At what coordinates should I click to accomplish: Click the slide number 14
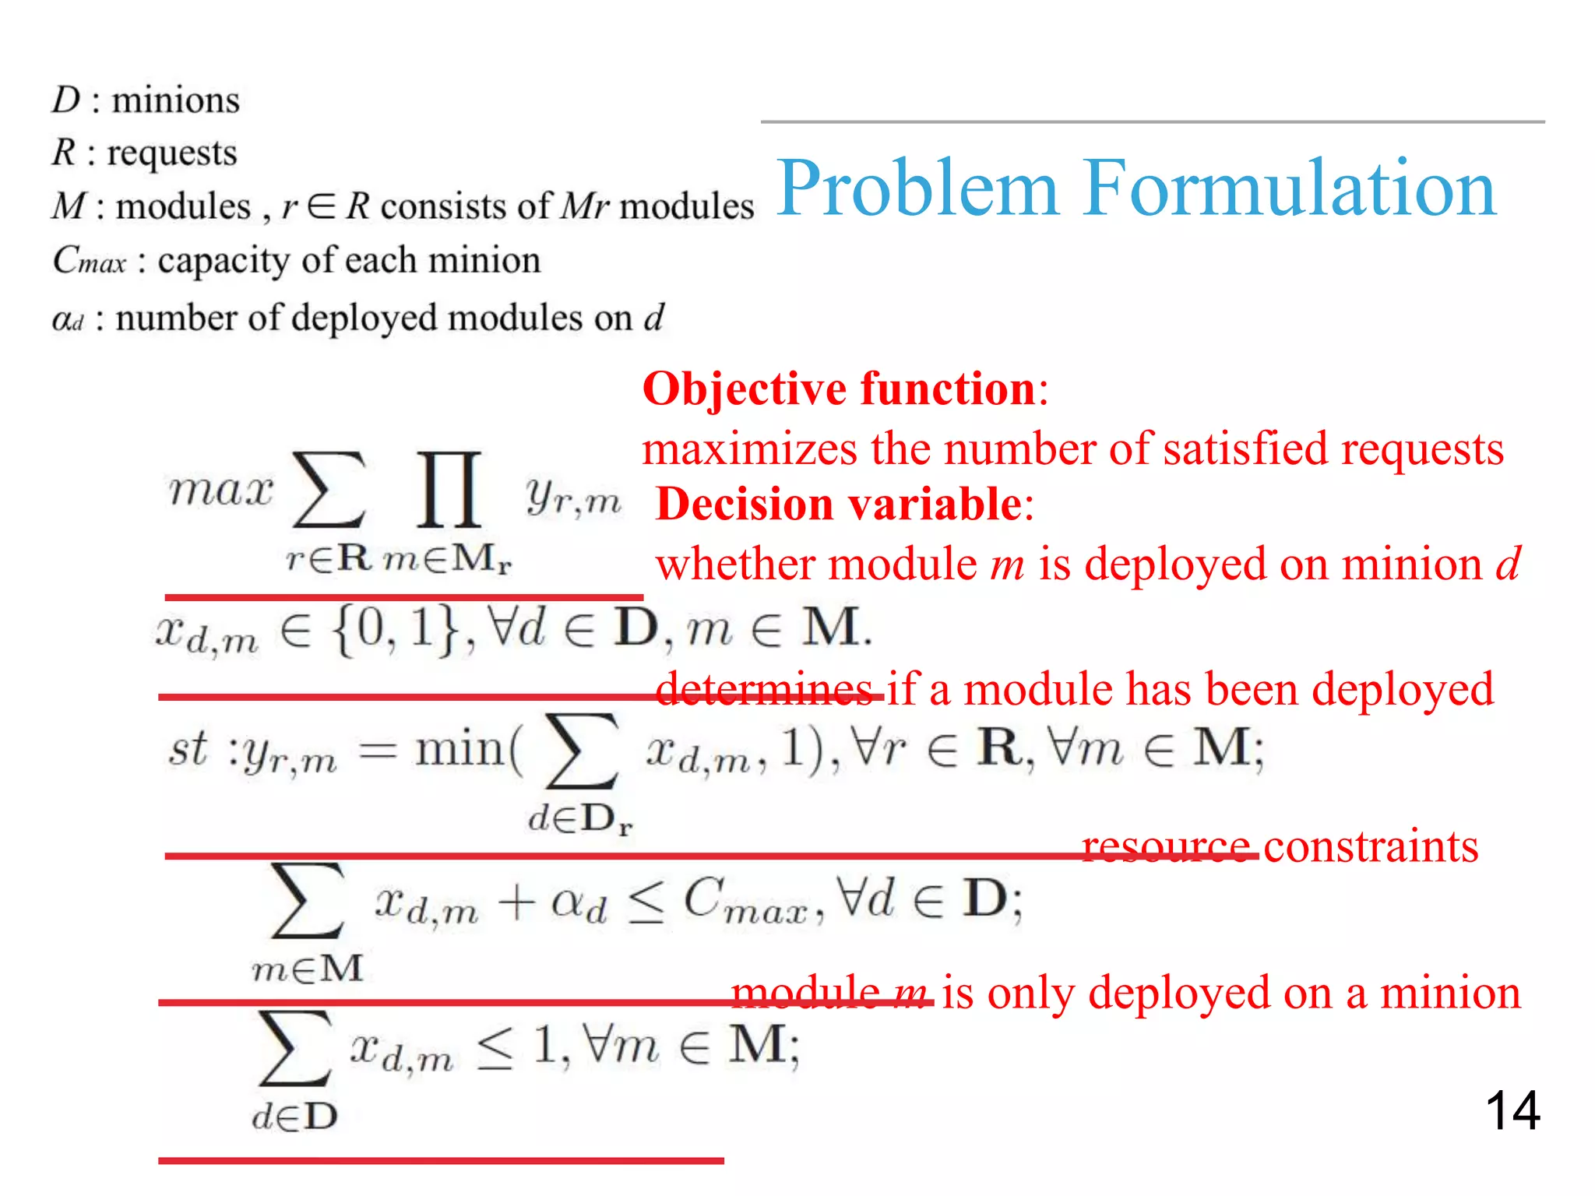(1512, 1110)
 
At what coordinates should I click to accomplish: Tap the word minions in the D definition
(176, 100)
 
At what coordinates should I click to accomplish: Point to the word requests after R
(171, 153)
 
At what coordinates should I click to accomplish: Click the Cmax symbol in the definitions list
(88, 260)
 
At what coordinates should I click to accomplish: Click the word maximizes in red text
(749, 449)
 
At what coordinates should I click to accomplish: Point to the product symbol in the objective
(449, 490)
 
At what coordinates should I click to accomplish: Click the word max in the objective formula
(221, 491)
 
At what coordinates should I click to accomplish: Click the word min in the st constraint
(459, 749)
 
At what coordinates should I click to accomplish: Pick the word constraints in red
(1371, 846)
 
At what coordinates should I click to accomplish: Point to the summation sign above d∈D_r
(583, 751)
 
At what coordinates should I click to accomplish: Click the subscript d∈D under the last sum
(295, 1117)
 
